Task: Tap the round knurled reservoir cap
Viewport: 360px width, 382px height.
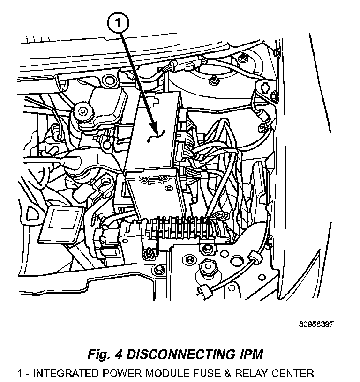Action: point(84,111)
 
